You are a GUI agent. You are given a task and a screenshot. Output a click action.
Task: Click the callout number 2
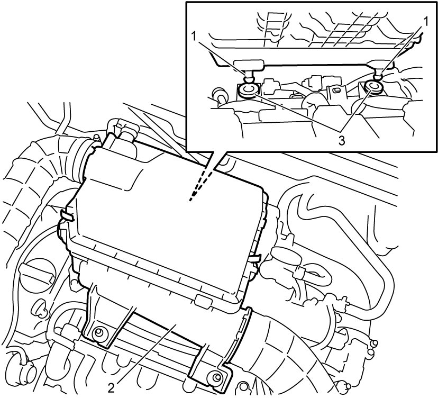111,388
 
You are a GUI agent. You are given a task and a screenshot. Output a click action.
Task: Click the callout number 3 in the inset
342,141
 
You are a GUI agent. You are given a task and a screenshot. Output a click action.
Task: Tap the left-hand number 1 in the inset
194,36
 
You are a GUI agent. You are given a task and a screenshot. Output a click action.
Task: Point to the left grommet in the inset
248,90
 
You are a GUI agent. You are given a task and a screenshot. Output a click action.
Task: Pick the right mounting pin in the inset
379,76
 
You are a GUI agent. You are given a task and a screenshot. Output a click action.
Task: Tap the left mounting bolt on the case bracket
98,332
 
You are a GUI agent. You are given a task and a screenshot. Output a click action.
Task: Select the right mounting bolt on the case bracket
215,377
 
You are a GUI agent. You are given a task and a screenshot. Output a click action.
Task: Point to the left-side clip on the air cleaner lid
66,215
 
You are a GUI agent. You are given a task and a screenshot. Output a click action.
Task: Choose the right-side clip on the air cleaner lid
253,258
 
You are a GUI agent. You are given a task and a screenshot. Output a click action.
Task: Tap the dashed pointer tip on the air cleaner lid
190,200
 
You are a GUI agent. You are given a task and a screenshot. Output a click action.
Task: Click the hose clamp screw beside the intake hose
96,137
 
